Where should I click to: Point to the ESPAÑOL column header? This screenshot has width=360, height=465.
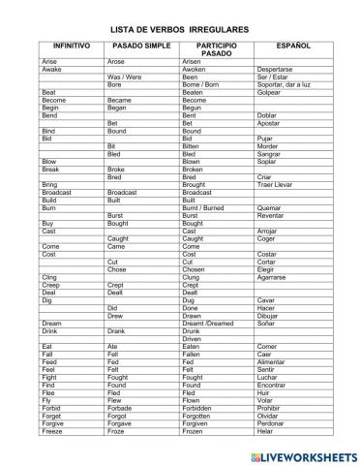coord(292,45)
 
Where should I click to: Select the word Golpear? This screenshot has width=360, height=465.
coord(271,91)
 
